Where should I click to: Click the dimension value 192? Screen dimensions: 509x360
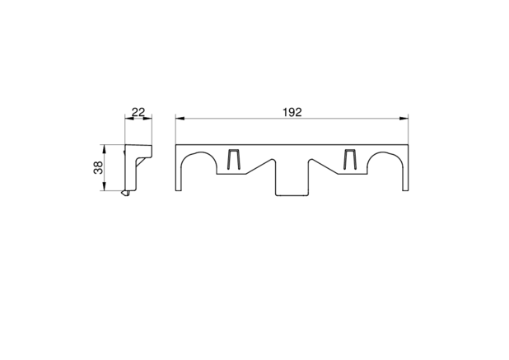click(x=292, y=112)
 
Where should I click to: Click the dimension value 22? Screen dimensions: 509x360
click(x=138, y=112)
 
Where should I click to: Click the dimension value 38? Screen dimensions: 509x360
click(x=98, y=167)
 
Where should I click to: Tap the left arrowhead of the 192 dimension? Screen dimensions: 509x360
click(x=180, y=119)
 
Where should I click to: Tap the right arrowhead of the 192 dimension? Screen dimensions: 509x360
click(x=404, y=119)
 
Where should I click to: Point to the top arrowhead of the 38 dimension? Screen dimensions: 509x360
click(x=105, y=149)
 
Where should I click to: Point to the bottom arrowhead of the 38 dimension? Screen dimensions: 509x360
click(x=105, y=186)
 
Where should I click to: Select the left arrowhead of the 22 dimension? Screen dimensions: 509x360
click(x=129, y=119)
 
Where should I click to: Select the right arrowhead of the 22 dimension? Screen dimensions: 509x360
click(x=147, y=119)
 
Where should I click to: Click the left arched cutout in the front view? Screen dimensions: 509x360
click(x=199, y=152)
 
